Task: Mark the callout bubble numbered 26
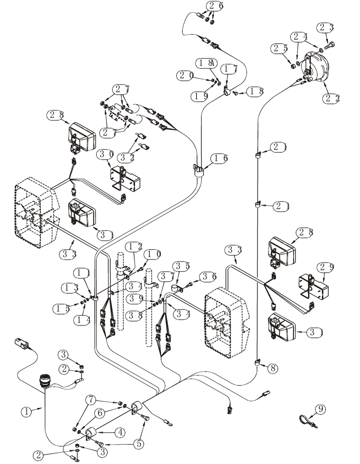tap(215, 6)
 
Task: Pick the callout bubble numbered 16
tap(219, 159)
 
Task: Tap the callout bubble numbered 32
tap(125, 158)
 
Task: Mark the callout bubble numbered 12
tap(135, 246)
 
